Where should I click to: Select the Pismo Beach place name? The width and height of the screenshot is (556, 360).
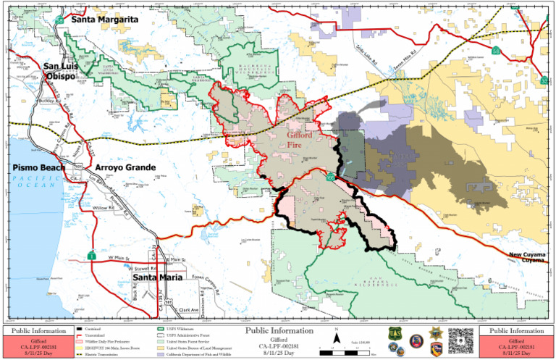39,168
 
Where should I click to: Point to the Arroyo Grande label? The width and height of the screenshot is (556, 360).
125,168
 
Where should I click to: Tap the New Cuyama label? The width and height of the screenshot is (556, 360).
526,255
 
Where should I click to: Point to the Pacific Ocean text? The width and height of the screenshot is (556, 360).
32,184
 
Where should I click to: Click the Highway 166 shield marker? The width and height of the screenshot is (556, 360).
330,177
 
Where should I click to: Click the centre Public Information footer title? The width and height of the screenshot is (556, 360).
279,330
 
